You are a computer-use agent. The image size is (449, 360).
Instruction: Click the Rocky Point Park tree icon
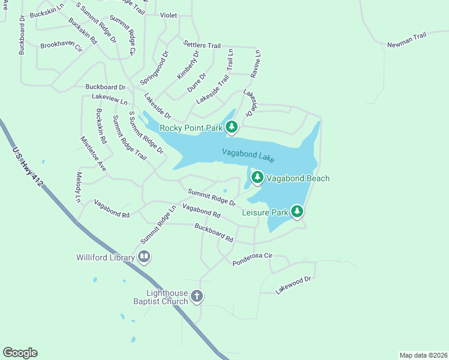pyautogui.click(x=232, y=127)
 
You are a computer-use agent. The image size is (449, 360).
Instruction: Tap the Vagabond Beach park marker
pyautogui.click(x=258, y=178)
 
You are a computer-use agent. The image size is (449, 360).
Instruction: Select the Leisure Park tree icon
pyautogui.click(x=297, y=211)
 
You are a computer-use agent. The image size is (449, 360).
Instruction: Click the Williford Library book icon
pyautogui.click(x=144, y=257)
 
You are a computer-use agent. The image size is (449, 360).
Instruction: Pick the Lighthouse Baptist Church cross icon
pyautogui.click(x=197, y=296)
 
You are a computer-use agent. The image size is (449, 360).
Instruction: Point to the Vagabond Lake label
pyautogui.click(x=248, y=155)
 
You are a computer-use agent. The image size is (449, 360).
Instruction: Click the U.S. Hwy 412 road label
pyautogui.click(x=28, y=167)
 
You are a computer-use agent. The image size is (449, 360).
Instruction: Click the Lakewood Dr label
pyautogui.click(x=294, y=284)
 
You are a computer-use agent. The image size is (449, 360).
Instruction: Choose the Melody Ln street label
pyautogui.click(x=78, y=187)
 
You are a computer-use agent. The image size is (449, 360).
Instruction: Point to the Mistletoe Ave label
pyautogui.click(x=93, y=154)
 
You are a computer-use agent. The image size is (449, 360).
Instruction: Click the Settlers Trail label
pyautogui.click(x=202, y=46)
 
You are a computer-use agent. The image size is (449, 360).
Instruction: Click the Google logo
pyautogui.click(x=20, y=353)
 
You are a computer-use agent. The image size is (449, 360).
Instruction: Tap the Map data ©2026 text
pyautogui.click(x=424, y=355)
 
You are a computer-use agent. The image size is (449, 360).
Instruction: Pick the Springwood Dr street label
pyautogui.click(x=154, y=68)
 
